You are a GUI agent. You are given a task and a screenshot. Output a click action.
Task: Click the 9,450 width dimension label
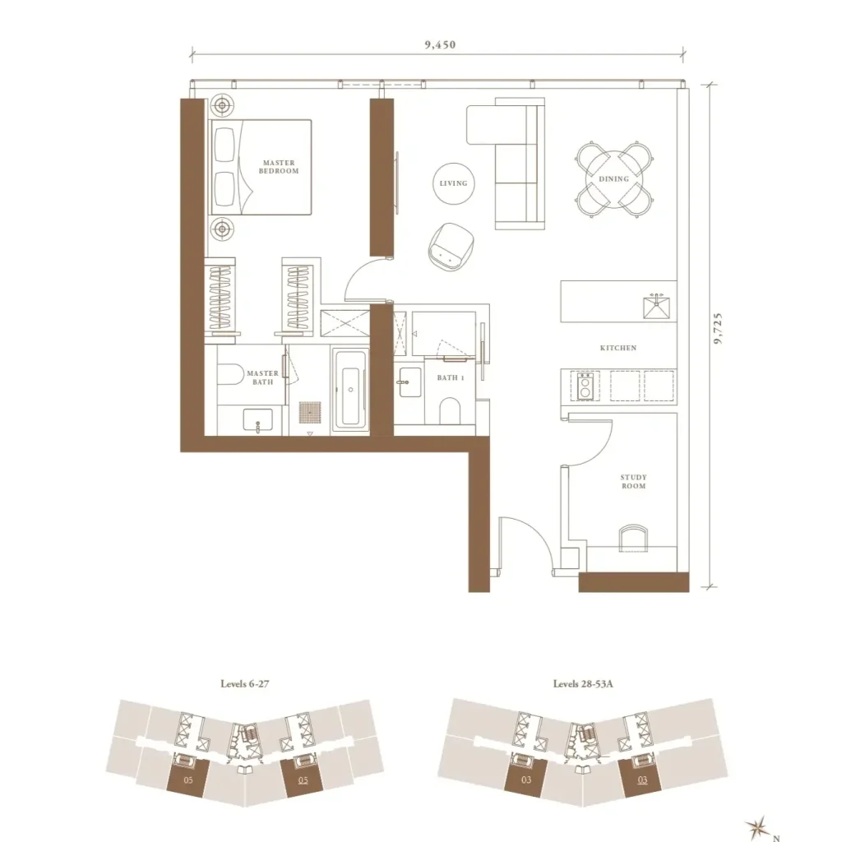440,44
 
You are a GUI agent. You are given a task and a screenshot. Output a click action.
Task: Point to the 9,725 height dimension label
719,328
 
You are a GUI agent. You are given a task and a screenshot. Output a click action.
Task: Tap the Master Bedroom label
279,166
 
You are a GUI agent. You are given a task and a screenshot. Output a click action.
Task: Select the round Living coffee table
453,183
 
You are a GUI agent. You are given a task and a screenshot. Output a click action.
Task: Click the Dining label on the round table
613,178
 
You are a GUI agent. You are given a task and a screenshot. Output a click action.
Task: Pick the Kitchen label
618,348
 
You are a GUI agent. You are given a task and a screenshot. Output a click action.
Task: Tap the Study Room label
634,481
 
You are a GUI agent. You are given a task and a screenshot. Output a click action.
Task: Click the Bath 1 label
450,377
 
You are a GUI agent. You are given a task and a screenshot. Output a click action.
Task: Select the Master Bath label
262,377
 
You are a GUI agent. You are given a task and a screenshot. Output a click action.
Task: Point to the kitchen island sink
656,307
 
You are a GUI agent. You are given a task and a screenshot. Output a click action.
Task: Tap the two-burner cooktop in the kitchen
585,386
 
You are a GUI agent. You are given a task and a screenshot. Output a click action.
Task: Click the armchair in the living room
451,246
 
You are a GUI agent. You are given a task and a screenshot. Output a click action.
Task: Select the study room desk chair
633,538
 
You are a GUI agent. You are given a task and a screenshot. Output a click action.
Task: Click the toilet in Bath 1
450,411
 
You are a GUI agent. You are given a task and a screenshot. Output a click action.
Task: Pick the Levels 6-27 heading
245,684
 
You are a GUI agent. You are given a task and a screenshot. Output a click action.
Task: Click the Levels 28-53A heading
583,684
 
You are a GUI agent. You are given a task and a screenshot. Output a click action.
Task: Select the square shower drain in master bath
310,414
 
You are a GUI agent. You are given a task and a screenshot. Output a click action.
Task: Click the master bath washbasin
257,419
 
